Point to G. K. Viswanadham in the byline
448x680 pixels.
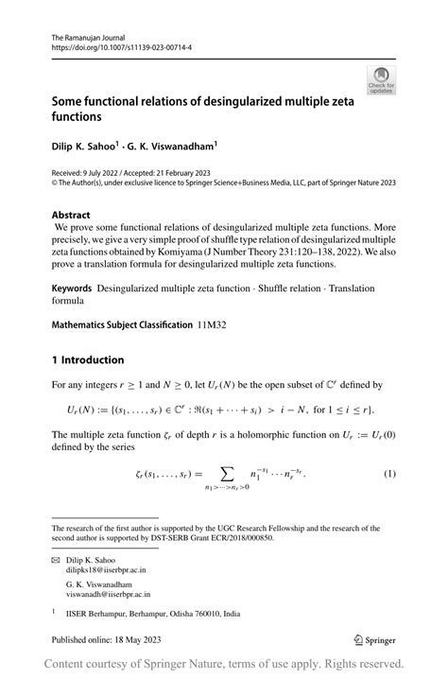pyautogui.click(x=175, y=147)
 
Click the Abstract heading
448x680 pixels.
pyautogui.click(x=71, y=215)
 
